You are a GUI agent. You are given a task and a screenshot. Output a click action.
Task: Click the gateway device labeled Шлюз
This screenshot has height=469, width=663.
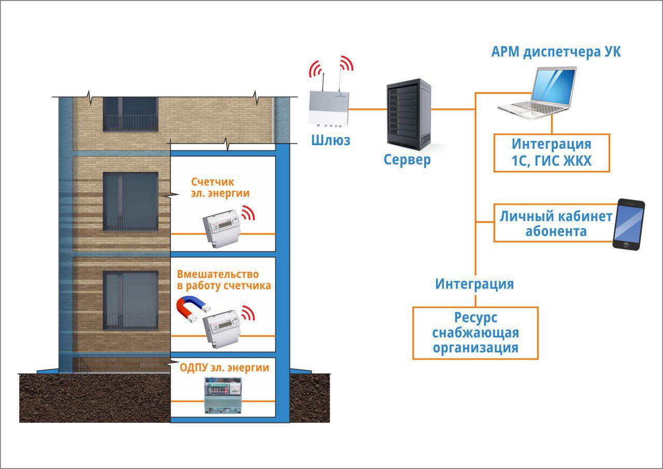[329, 108]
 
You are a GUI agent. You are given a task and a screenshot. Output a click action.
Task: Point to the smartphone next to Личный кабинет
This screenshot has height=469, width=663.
[629, 224]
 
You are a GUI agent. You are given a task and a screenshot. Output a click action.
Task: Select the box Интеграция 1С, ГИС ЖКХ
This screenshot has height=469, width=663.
[551, 153]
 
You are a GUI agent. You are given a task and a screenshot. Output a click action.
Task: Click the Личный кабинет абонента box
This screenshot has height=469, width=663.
[553, 223]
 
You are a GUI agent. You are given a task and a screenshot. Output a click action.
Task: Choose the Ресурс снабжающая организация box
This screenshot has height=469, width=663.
[475, 332]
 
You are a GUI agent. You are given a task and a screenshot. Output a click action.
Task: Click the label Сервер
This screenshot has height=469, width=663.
[407, 160]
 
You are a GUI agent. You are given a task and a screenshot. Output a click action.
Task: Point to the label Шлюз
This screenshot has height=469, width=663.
[330, 140]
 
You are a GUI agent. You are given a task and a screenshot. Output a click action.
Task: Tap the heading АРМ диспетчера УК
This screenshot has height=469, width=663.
[556, 52]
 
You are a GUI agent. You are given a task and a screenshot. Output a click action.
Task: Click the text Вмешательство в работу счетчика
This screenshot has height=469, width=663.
[224, 279]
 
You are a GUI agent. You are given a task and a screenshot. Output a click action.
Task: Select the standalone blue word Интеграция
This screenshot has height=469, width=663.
[474, 284]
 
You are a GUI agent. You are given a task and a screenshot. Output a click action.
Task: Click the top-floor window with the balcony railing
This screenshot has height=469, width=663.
[130, 113]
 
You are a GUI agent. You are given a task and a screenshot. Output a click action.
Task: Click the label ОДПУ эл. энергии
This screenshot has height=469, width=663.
[224, 368]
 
